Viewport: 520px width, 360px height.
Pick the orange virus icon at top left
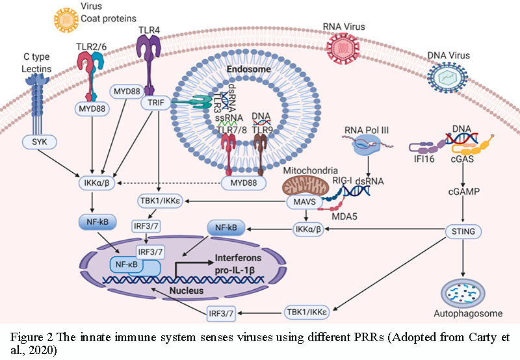64,20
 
